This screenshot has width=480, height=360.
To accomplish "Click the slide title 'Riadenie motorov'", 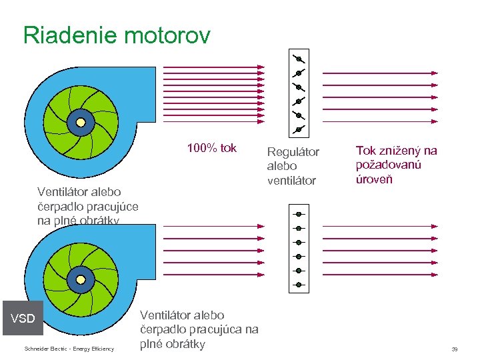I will coord(117,35).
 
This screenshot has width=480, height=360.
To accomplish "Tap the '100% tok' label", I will coord(211,148).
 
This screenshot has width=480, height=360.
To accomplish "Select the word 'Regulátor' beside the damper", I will coord(293,152).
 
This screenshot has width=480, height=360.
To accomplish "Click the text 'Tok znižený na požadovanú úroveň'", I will coord(396,165).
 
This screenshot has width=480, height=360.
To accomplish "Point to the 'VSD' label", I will coord(23,319).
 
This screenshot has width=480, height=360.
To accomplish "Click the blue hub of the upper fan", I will coord(82,122).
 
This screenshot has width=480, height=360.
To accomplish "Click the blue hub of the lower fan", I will coord(82,278).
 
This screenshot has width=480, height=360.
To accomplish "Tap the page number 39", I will coord(454,349).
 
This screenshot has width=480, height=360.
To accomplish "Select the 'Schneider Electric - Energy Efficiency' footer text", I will coord(69,349).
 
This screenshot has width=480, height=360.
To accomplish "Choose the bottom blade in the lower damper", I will coord(299,285).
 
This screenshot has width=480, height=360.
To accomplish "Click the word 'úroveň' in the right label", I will coord(375,179).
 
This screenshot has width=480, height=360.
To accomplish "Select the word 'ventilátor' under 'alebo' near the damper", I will coord(291,180).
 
